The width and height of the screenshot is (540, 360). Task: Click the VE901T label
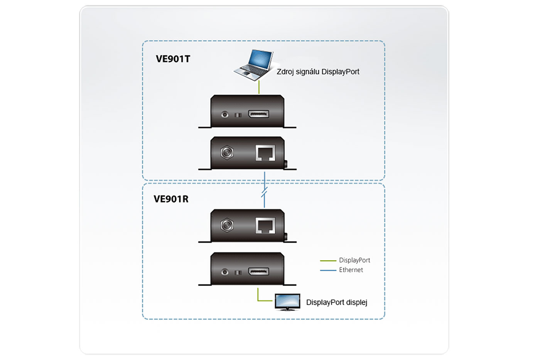(x=173, y=59)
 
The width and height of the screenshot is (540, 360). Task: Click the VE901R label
(x=171, y=199)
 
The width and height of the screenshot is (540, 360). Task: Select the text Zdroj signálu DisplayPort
(x=318, y=72)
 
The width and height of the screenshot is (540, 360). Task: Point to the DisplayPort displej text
(x=336, y=303)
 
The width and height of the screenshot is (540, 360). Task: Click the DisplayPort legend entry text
(x=354, y=260)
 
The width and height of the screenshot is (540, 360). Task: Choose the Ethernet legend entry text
(x=351, y=270)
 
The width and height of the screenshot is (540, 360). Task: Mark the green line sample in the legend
(x=328, y=261)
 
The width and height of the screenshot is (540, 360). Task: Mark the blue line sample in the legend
(x=328, y=270)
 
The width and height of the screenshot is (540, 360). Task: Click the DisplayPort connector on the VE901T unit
(x=258, y=114)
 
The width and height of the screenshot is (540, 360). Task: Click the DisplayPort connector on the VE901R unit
(x=258, y=272)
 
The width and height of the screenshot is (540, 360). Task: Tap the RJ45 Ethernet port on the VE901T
(x=265, y=153)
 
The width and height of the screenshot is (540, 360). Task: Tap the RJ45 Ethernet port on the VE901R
(x=265, y=226)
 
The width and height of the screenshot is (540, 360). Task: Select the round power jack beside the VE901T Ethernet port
(x=227, y=153)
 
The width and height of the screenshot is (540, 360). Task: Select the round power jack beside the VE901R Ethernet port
(x=227, y=226)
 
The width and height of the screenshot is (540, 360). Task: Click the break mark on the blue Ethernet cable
(x=264, y=192)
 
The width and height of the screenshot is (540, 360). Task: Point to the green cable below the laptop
(x=259, y=88)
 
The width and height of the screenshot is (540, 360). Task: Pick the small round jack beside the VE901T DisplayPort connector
(x=225, y=115)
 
